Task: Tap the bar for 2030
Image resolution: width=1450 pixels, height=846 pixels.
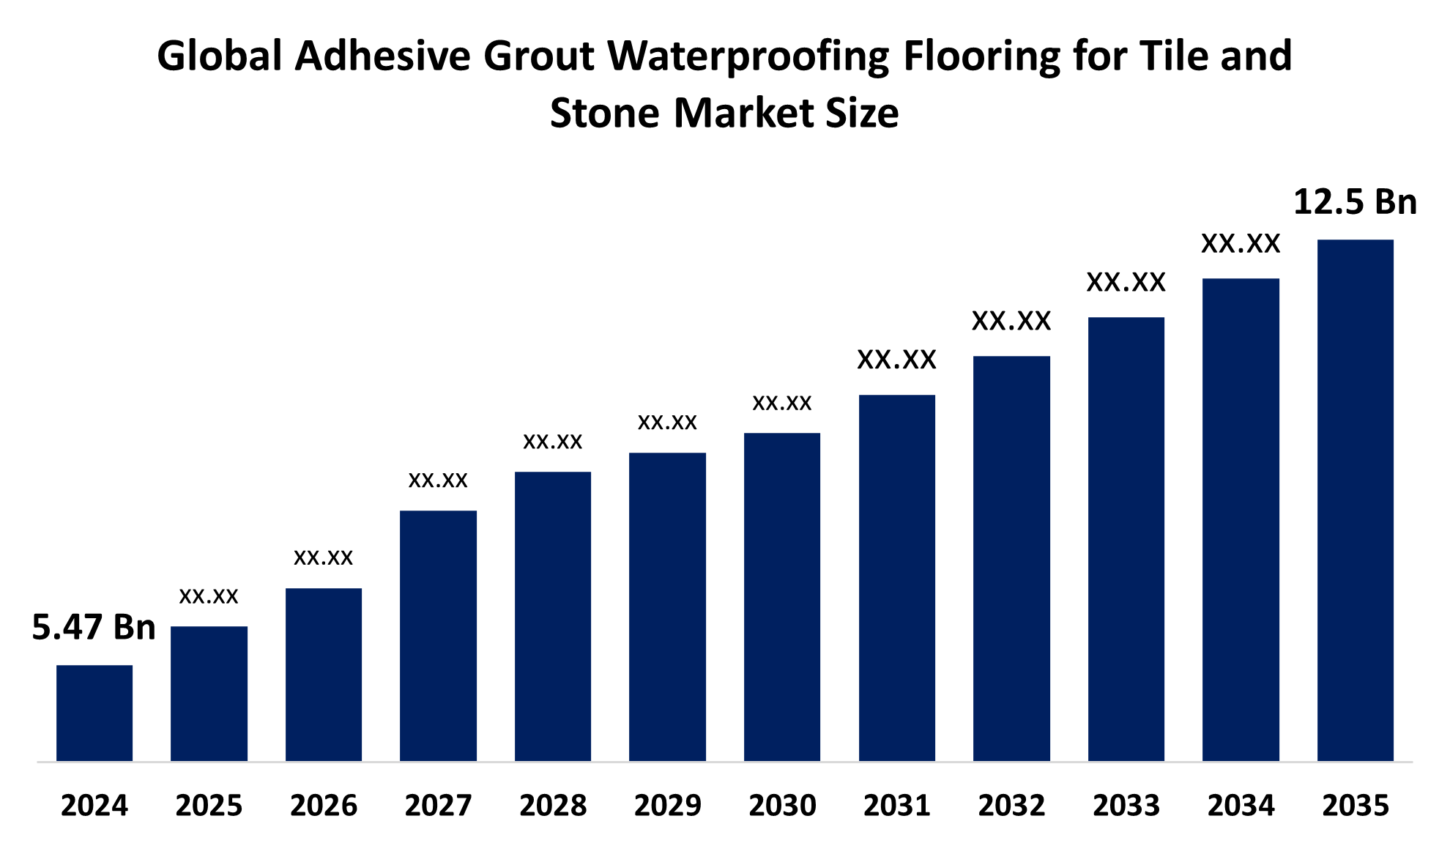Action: click(x=782, y=597)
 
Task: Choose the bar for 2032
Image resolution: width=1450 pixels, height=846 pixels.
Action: click(x=1011, y=558)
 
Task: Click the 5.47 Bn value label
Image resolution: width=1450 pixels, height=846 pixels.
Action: click(x=94, y=628)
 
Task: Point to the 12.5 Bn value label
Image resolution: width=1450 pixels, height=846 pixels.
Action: click(x=1355, y=202)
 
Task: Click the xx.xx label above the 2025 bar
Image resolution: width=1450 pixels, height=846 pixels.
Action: click(x=209, y=596)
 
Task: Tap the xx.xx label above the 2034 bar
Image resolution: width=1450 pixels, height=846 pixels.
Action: click(x=1241, y=244)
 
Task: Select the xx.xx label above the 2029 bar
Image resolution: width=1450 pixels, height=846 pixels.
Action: click(x=667, y=422)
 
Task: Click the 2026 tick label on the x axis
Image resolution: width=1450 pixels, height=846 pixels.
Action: click(x=324, y=806)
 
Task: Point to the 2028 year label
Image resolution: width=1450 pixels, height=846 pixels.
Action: click(x=553, y=806)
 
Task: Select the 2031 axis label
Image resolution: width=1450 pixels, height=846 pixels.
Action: click(x=896, y=806)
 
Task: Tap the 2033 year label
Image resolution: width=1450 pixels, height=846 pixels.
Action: click(x=1126, y=806)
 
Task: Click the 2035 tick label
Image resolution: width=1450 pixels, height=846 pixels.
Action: click(x=1355, y=806)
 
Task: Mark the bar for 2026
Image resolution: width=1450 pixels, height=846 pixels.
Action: click(x=324, y=675)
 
